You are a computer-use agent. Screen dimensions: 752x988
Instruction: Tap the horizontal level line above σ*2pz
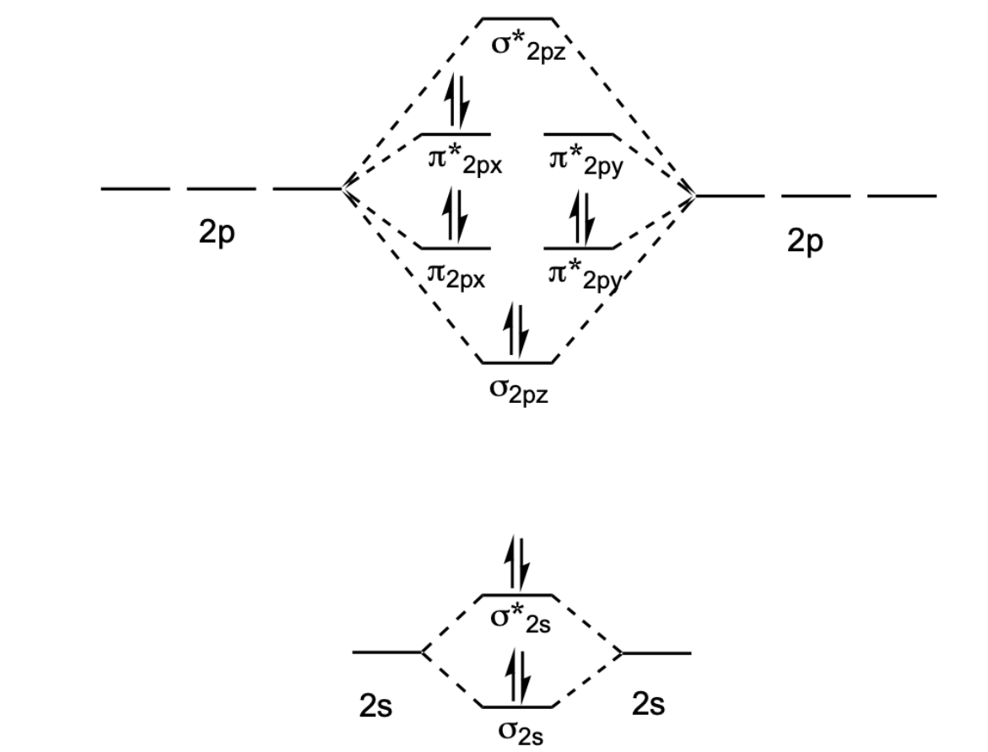(x=518, y=18)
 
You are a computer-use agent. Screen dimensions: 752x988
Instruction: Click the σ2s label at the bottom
(x=517, y=730)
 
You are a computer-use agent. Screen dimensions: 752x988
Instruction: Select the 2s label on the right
(x=648, y=704)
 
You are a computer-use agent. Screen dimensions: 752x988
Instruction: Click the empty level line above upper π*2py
(x=579, y=134)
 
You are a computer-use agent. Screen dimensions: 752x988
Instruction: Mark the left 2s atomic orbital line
(x=386, y=652)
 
